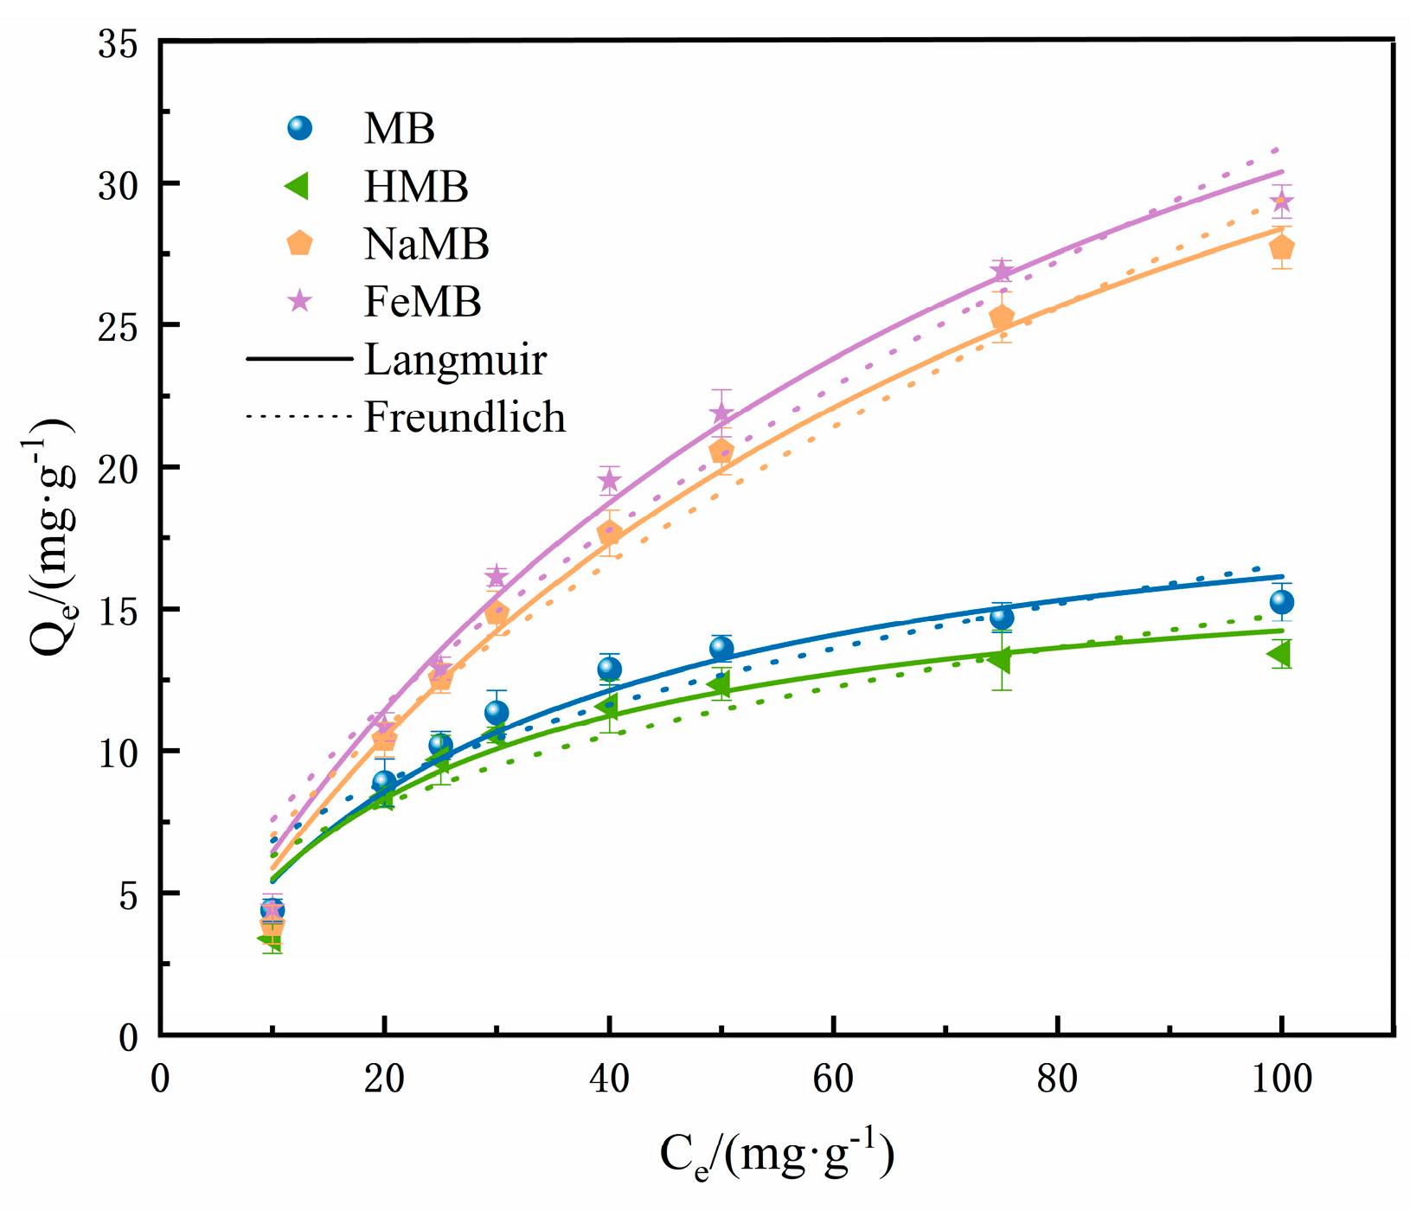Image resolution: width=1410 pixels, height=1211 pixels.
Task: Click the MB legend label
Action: pyautogui.click(x=399, y=129)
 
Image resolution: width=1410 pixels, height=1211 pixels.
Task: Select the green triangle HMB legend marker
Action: pyautogui.click(x=298, y=186)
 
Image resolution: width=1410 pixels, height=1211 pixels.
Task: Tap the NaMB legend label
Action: pyautogui.click(x=426, y=244)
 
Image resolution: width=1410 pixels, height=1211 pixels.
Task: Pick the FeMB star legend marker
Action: pyautogui.click(x=299, y=301)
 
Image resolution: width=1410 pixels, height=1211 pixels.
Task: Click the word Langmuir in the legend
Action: pyautogui.click(x=455, y=360)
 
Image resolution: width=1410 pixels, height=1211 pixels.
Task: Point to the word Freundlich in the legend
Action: pyautogui.click(x=465, y=417)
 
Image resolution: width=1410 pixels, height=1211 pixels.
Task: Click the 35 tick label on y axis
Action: pyautogui.click(x=118, y=43)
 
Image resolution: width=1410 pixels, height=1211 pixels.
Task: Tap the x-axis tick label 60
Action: pyautogui.click(x=832, y=1079)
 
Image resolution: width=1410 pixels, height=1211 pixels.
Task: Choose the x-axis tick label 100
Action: pyautogui.click(x=1280, y=1079)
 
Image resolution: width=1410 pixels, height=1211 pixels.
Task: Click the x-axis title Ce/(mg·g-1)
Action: pyautogui.click(x=776, y=1155)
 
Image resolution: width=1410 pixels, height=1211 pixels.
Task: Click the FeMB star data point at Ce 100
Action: pyautogui.click(x=1281, y=202)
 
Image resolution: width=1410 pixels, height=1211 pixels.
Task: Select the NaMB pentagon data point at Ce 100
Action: pyautogui.click(x=1281, y=247)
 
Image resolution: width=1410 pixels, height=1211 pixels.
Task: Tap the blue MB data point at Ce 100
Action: pyautogui.click(x=1281, y=602)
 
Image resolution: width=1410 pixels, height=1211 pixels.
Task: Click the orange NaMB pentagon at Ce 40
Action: pyautogui.click(x=609, y=534)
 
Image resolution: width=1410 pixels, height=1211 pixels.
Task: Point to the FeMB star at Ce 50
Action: pyautogui.click(x=721, y=413)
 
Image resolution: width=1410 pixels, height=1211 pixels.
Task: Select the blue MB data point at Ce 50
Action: pyautogui.click(x=721, y=648)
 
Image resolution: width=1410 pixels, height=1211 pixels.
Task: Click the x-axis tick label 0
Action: pyautogui.click(x=160, y=1079)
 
